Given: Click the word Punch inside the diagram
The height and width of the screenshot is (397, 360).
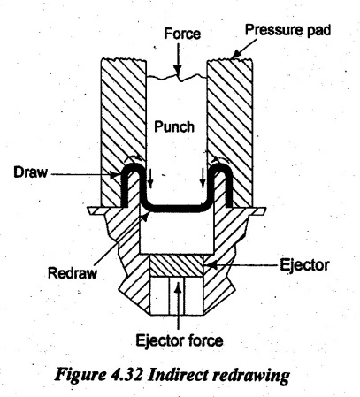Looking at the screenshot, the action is coord(174,127).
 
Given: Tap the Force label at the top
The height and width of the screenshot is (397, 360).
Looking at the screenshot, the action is coord(182,34).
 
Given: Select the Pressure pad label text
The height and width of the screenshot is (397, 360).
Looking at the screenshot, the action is coord(287,30).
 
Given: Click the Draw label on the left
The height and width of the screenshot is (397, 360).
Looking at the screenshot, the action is coord(30,172).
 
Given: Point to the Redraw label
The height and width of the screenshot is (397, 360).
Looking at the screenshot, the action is coord(73,272).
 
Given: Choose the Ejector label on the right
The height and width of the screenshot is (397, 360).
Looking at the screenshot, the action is coord(304,264).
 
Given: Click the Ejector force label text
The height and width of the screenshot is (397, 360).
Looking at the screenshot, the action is coord(180,340).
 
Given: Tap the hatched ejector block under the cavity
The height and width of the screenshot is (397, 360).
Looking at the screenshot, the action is coord(177,266).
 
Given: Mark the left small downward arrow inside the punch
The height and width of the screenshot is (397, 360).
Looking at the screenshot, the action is coord(150,179).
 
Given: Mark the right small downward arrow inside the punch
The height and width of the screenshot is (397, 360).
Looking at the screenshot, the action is coord(203,178).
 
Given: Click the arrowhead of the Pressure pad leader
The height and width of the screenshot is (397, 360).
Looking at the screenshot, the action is coord(234,56).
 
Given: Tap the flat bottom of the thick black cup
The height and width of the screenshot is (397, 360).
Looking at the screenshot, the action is coord(177,210).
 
